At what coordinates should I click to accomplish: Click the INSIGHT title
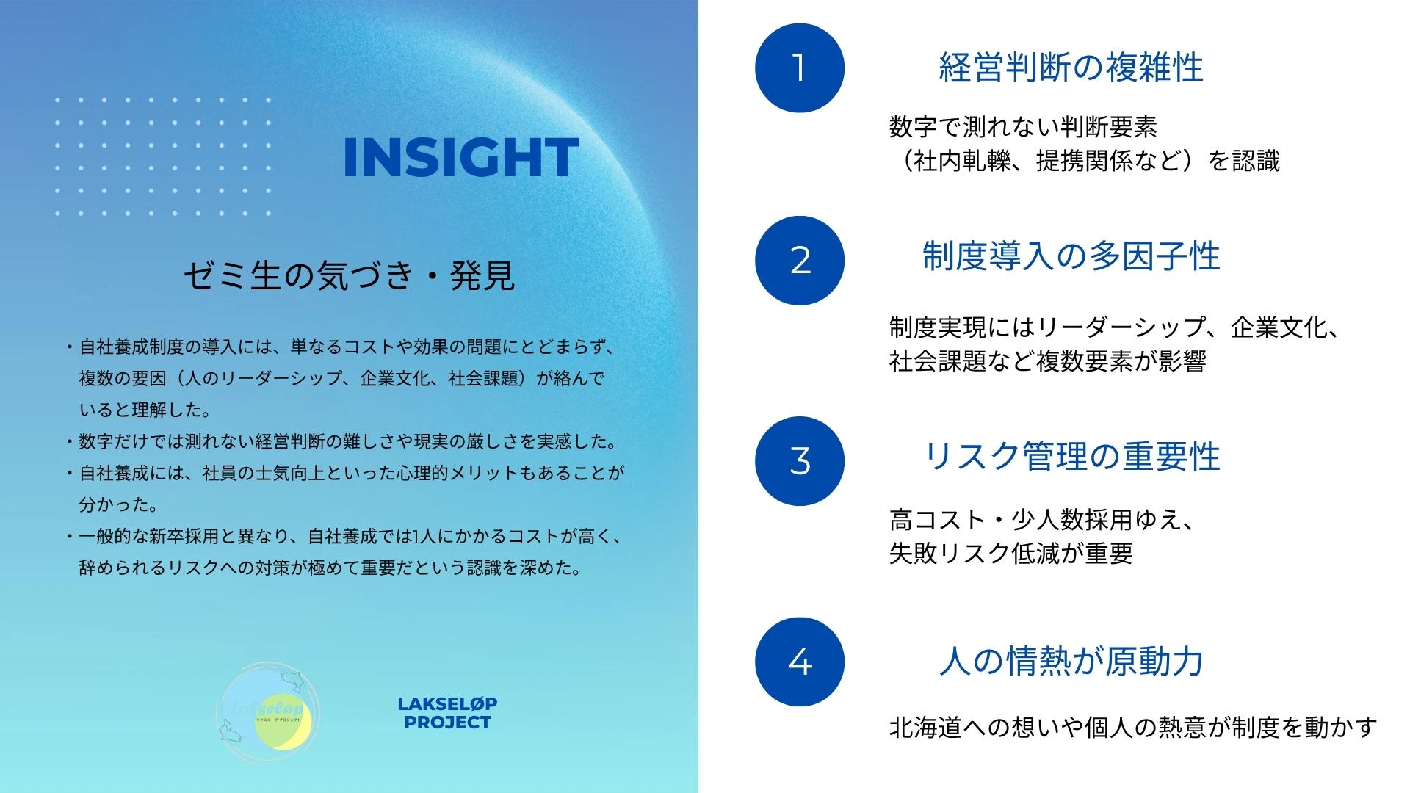tap(461, 157)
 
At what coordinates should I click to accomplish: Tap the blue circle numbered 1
tap(800, 68)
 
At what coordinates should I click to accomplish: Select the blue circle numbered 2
tap(800, 261)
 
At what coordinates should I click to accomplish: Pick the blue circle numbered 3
tap(800, 461)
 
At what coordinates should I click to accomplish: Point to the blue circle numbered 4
tap(800, 662)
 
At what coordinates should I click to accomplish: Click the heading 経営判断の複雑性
tap(1071, 68)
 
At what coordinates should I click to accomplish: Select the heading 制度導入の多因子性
tap(1071, 256)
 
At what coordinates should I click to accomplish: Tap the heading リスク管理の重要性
tap(1071, 457)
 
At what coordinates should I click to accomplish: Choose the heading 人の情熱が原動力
tap(1071, 661)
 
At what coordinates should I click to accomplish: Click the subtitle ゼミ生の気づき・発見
tap(350, 276)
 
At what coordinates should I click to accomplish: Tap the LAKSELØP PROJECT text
tap(447, 713)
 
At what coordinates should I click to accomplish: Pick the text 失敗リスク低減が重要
tap(1011, 553)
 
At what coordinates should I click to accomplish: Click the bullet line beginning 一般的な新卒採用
tap(352, 537)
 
